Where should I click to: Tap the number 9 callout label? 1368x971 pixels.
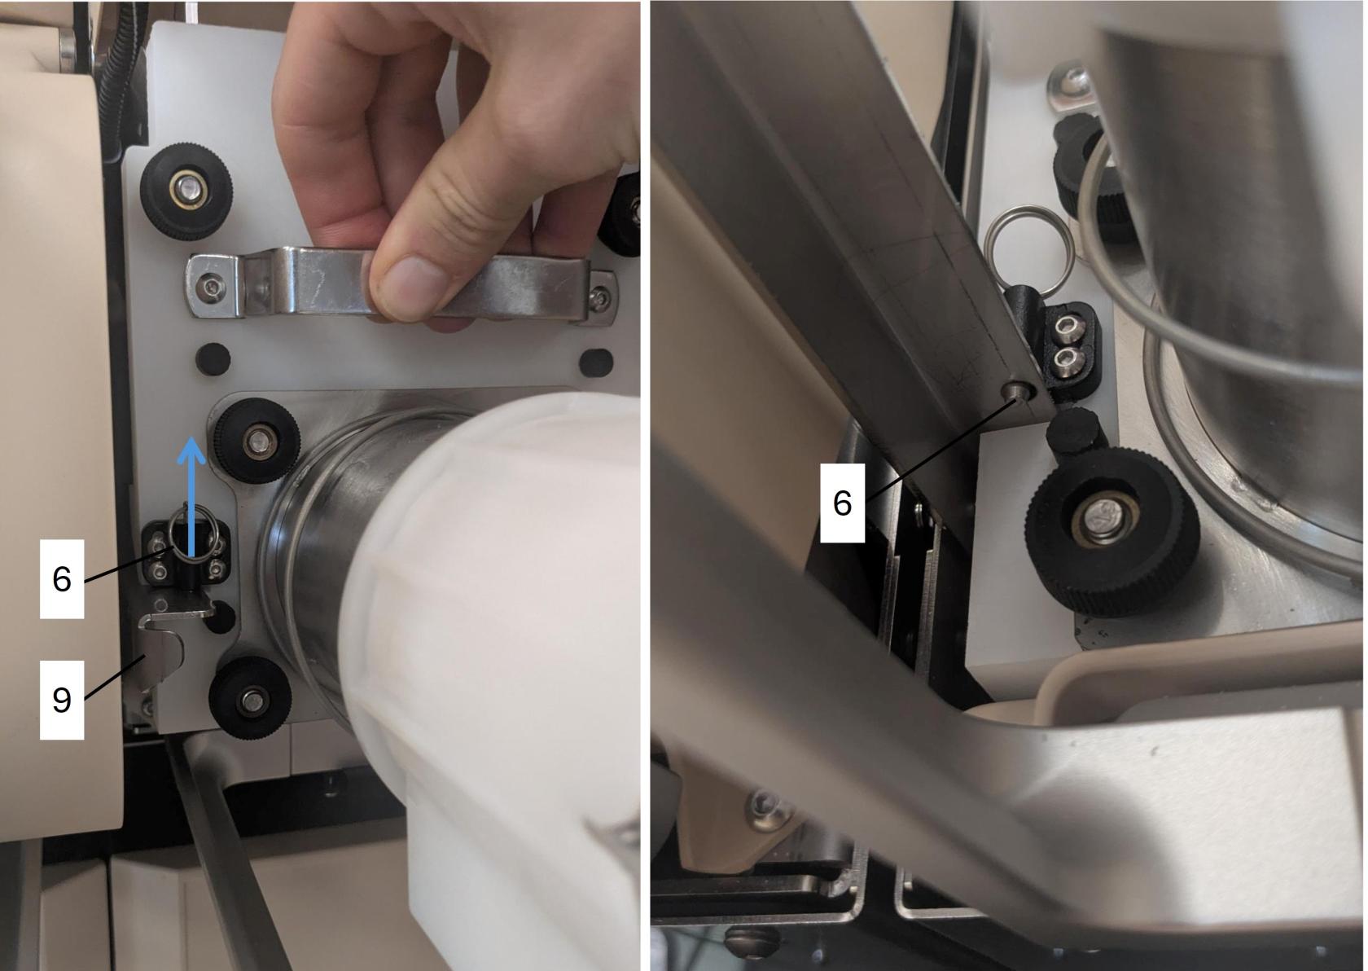[x=62, y=700]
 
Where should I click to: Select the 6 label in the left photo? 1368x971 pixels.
[x=62, y=578]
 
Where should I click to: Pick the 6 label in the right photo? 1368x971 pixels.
[x=842, y=503]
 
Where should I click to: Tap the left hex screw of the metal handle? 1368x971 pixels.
[x=213, y=285]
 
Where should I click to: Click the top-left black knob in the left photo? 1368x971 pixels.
[x=186, y=191]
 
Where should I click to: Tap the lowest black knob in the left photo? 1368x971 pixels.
[x=251, y=698]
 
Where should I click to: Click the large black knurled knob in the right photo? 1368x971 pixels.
[x=1111, y=532]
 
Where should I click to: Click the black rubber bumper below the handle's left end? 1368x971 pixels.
[x=213, y=359]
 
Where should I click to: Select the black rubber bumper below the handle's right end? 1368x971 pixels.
[x=595, y=363]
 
